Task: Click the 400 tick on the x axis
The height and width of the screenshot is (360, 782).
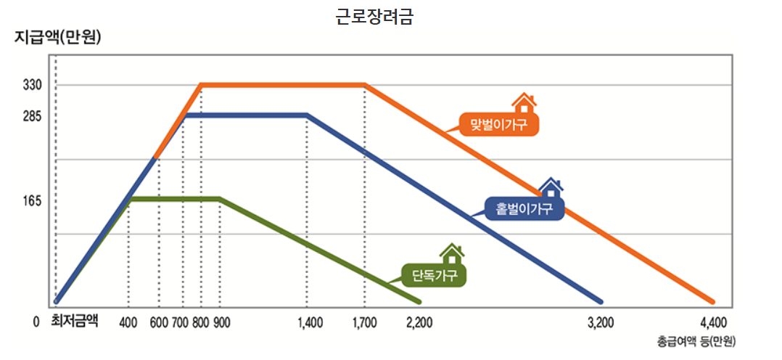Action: (128, 322)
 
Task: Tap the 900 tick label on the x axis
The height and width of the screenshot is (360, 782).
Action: (222, 322)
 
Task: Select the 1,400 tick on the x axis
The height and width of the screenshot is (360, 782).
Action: (310, 322)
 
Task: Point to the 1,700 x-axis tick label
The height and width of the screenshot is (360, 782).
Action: (364, 322)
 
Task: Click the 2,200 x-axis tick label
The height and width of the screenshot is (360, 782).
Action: (420, 322)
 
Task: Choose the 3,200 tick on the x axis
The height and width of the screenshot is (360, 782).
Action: (601, 322)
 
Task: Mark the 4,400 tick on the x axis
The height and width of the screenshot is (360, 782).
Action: (714, 322)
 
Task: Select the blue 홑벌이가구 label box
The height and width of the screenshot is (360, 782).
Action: (524, 209)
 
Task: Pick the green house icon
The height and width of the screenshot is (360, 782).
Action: (452, 254)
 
